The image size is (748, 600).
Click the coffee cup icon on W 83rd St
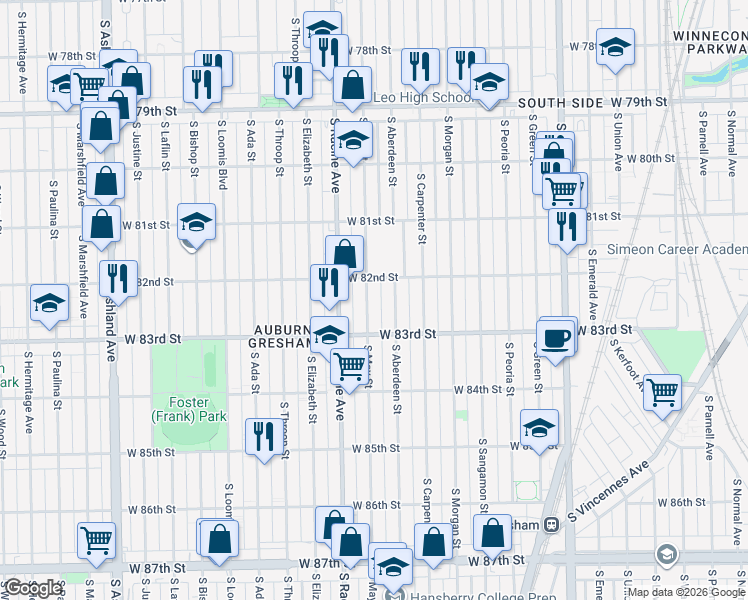coord(557,336)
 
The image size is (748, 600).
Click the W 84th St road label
coord(476,389)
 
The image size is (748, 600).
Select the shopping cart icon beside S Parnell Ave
coord(662,391)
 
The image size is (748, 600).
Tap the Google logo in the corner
coord(33,588)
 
